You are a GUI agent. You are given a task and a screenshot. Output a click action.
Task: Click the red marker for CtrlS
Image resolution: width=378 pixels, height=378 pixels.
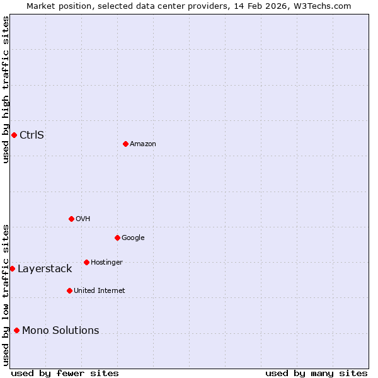(x=14, y=135)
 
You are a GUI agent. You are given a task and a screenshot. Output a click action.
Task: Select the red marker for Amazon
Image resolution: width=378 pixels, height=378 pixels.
(x=125, y=144)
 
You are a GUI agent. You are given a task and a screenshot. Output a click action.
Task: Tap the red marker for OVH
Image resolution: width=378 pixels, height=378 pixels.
(x=71, y=219)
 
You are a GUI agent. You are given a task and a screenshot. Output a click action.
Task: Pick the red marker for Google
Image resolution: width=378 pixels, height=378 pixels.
(x=117, y=238)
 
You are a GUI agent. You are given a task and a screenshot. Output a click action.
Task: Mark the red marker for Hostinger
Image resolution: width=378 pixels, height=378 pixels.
(x=86, y=262)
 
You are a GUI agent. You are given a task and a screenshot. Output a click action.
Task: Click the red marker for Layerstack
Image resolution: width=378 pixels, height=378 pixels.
(x=12, y=268)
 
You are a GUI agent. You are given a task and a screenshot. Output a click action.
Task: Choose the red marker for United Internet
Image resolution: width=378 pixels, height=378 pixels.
(x=69, y=290)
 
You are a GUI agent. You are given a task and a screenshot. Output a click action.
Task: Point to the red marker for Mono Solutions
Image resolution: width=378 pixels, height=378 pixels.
(x=16, y=330)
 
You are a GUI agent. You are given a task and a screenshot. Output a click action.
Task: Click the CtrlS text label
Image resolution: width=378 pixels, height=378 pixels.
(x=31, y=135)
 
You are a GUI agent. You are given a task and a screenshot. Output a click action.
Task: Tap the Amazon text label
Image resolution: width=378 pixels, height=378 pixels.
(x=143, y=144)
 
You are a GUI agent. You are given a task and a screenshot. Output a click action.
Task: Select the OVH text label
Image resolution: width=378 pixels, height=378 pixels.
(x=83, y=219)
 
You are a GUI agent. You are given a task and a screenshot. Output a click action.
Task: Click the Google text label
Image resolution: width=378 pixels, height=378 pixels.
(x=133, y=238)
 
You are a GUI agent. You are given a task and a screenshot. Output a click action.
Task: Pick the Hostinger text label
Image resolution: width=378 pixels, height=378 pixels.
(x=106, y=263)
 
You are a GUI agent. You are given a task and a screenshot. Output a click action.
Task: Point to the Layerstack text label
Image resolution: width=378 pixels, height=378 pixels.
(x=45, y=269)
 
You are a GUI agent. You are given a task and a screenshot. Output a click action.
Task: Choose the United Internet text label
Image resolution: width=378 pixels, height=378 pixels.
(x=99, y=291)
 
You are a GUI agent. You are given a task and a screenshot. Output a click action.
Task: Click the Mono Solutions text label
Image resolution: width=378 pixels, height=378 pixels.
(x=60, y=331)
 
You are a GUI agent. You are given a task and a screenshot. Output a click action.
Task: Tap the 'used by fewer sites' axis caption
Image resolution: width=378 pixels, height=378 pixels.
(x=65, y=373)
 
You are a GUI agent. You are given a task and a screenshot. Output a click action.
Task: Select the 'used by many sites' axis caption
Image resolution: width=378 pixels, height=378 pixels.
(x=316, y=373)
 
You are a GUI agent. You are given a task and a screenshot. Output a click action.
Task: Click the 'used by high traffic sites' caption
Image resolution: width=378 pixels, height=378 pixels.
(x=6, y=89)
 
